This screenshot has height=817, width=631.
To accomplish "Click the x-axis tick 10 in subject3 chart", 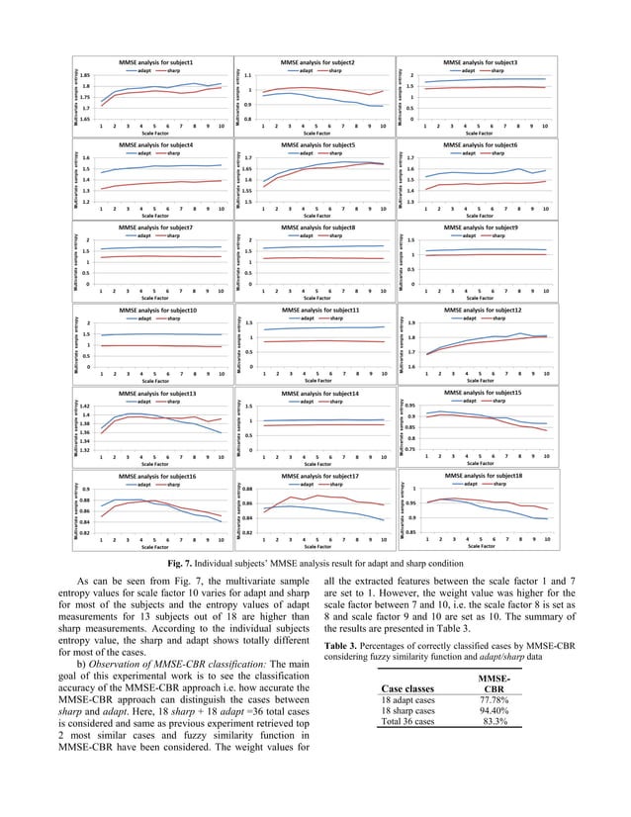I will pos(546,127).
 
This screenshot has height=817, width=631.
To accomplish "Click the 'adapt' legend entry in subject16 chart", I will pos(144,485).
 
